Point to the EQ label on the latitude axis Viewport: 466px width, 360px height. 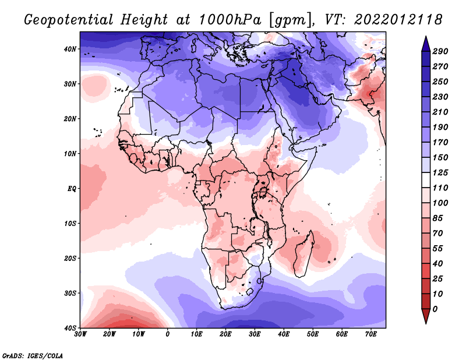[72, 189]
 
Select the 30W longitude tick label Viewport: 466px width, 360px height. [81, 334]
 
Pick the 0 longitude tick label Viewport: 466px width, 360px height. [168, 334]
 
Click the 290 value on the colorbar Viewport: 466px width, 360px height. [440, 51]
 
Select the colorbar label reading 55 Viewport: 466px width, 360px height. [440, 248]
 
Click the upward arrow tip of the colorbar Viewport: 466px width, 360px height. [426, 38]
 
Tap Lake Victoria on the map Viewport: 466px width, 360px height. [263, 190]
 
